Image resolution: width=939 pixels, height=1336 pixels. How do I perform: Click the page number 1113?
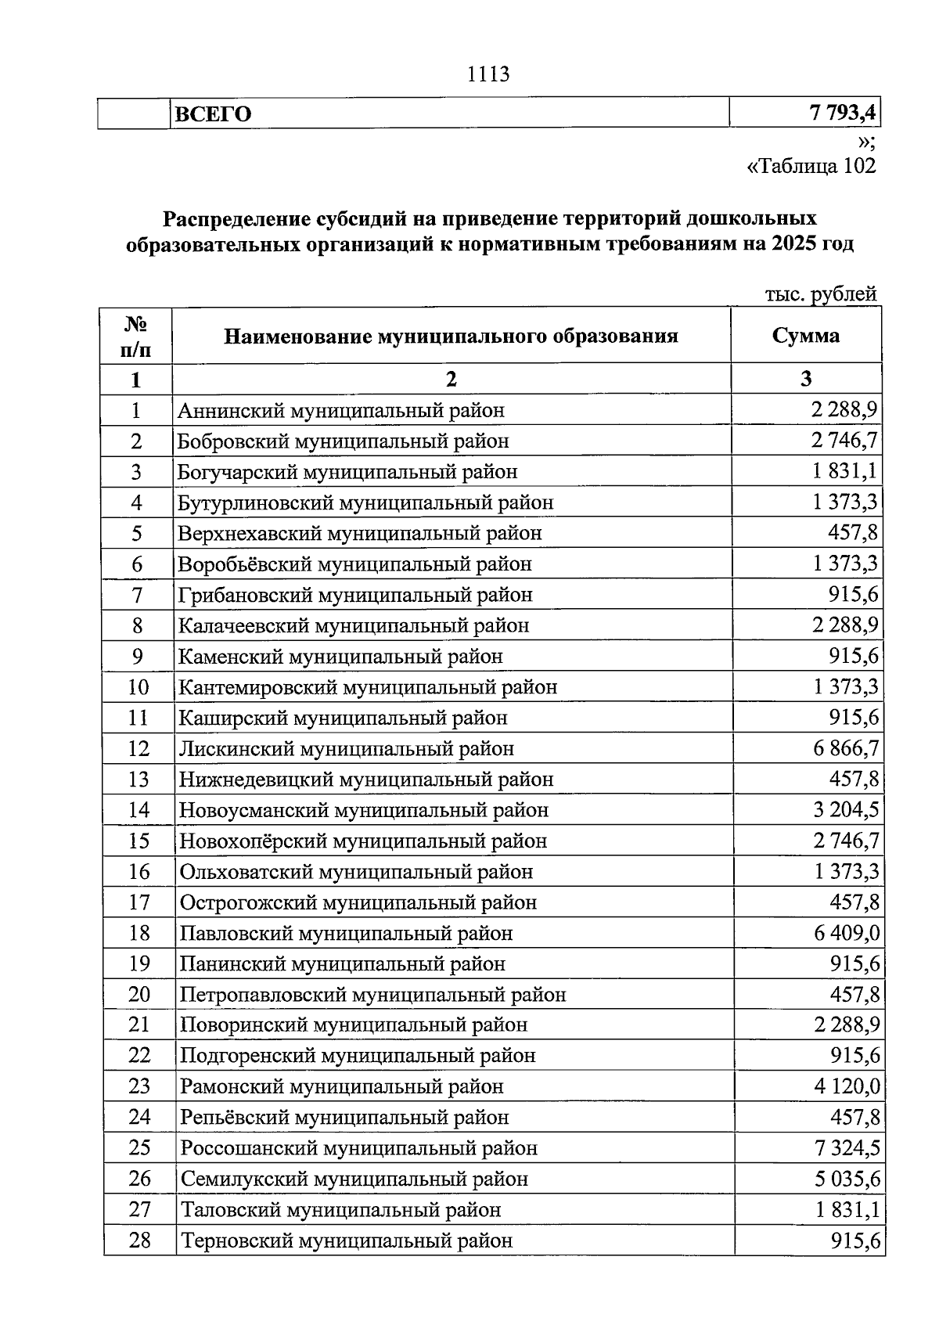pyautogui.click(x=487, y=74)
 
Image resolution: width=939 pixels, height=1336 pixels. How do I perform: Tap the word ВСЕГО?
pyautogui.click(x=213, y=114)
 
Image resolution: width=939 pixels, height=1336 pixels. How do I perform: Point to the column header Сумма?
pyautogui.click(x=805, y=336)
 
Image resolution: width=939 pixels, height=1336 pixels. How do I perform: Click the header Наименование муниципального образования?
pyautogui.click(x=451, y=337)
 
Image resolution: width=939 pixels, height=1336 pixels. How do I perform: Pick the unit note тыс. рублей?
pyautogui.click(x=820, y=294)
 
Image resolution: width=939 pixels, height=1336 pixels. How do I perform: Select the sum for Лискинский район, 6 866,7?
pyautogui.click(x=846, y=748)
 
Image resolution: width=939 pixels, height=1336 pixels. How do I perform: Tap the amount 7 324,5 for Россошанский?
pyautogui.click(x=847, y=1148)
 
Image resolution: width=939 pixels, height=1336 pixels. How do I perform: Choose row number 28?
pyautogui.click(x=139, y=1241)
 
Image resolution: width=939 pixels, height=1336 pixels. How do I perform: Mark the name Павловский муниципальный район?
pyautogui.click(x=346, y=933)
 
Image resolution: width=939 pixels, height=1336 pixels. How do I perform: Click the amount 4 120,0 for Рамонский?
pyautogui.click(x=847, y=1086)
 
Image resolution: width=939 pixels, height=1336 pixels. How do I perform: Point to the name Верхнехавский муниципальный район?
pyautogui.click(x=359, y=533)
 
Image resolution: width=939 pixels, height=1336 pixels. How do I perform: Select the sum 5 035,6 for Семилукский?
pyautogui.click(x=847, y=1179)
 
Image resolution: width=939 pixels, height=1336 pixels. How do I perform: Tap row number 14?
pyautogui.click(x=139, y=810)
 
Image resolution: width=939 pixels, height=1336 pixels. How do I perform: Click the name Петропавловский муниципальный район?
pyautogui.click(x=372, y=995)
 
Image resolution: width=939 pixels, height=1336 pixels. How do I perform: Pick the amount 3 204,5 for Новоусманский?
pyautogui.click(x=846, y=810)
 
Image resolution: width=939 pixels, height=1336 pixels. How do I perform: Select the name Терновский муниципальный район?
pyautogui.click(x=347, y=1241)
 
